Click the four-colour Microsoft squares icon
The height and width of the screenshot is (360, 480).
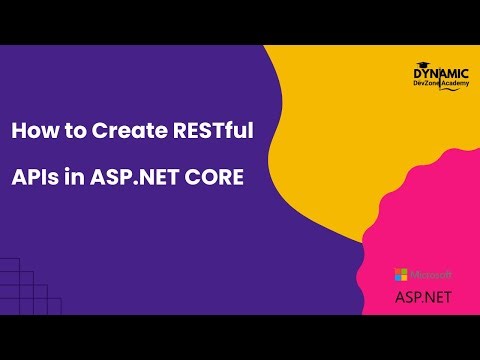pyautogui.click(x=401, y=274)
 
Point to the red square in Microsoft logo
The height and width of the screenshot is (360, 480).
pyautogui.click(x=398, y=271)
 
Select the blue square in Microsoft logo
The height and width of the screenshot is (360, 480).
pyautogui.click(x=398, y=277)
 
